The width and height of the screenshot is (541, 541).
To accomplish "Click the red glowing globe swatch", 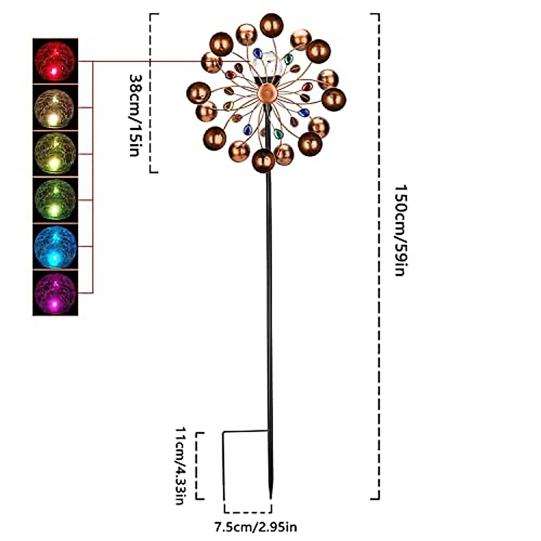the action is (55, 60).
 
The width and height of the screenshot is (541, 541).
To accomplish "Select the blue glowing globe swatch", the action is (55, 246).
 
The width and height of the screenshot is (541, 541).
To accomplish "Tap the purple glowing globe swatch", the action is (55, 293).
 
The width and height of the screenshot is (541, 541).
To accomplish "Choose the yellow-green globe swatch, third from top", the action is (55, 154).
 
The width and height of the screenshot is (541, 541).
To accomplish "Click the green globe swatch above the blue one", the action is (55, 200).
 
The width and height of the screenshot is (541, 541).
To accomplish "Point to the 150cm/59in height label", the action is (400, 230).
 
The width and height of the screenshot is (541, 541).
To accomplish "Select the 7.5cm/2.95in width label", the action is (255, 526).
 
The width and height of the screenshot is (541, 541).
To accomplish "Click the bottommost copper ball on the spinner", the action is (263, 160).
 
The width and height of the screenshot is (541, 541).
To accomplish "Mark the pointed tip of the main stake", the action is (270, 496).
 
